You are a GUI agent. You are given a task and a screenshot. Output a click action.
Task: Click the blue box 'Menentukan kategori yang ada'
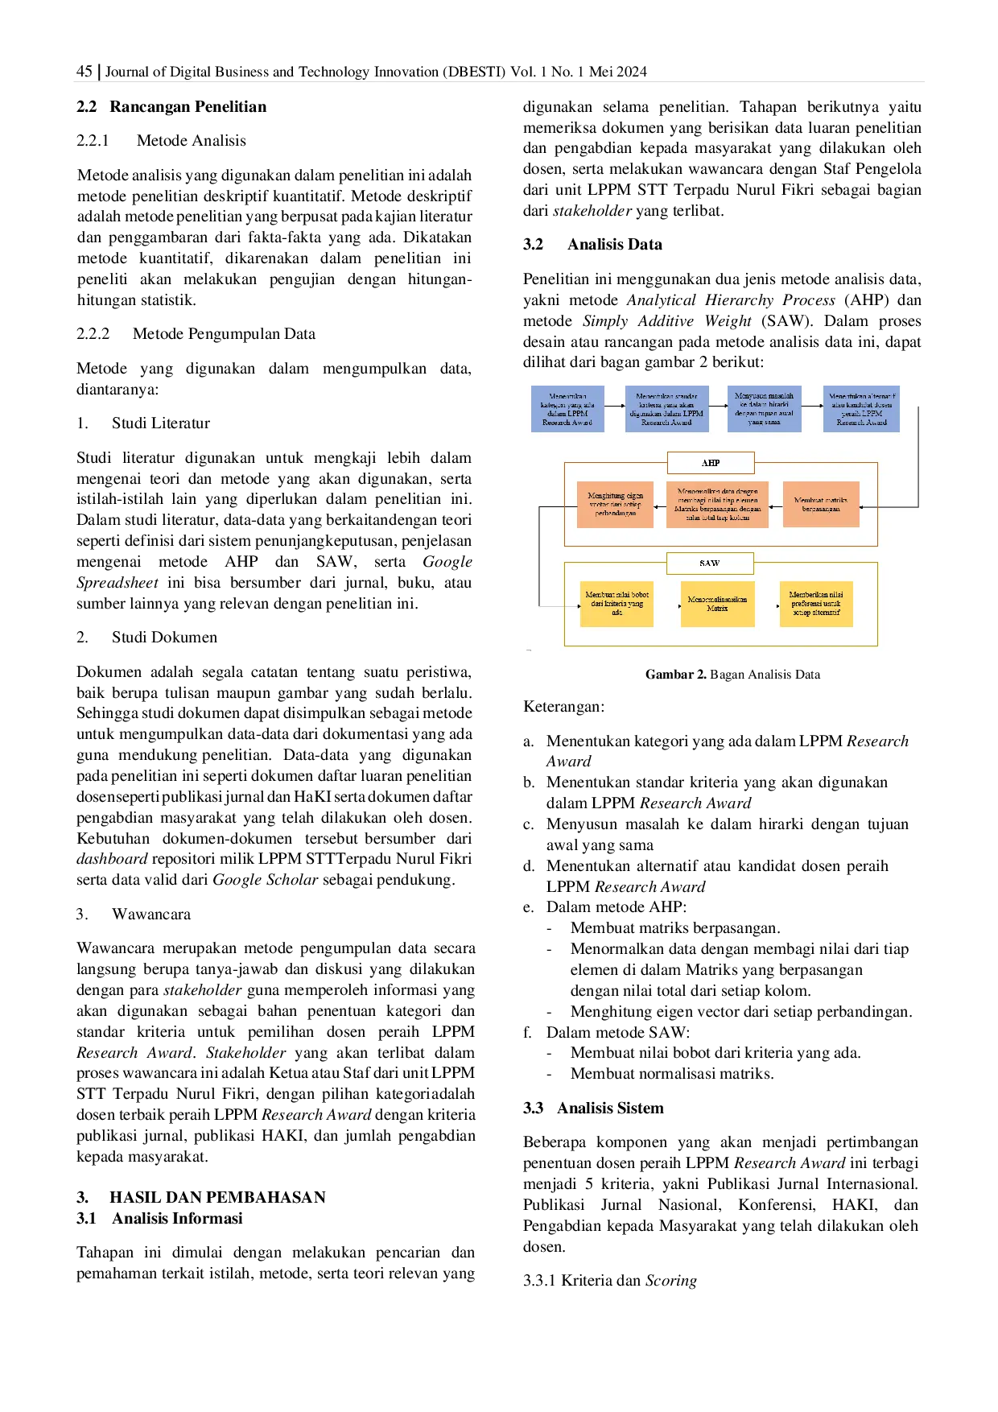[x=567, y=409]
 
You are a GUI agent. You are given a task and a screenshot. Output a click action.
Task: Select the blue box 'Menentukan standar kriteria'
[x=666, y=409]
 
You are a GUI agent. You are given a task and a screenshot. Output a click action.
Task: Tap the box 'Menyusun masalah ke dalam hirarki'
[x=764, y=409]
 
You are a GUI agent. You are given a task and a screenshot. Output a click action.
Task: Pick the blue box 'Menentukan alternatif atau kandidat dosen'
[x=861, y=409]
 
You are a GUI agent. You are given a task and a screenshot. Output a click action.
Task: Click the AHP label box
[x=711, y=463]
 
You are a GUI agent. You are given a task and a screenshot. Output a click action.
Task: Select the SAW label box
[x=710, y=563]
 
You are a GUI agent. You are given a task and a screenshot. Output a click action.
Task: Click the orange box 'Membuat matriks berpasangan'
[x=821, y=505]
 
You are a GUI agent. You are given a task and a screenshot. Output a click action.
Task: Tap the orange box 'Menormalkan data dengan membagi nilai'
[x=717, y=505]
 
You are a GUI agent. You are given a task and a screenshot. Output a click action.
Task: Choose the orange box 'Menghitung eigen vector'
[x=615, y=505]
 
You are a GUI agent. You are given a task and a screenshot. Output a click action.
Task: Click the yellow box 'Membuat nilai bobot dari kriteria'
[x=617, y=604]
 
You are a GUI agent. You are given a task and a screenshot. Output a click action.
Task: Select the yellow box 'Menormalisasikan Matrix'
[x=717, y=604]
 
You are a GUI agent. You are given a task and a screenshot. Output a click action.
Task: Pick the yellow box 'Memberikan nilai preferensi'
[x=815, y=604]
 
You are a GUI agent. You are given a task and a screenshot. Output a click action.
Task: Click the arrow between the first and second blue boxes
[x=615, y=406]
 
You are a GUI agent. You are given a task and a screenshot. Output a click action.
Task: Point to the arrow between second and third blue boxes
[x=718, y=406]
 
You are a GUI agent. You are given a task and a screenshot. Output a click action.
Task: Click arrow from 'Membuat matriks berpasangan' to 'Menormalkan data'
[x=776, y=507]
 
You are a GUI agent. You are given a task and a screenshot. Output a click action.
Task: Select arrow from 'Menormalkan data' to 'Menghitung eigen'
[x=660, y=507]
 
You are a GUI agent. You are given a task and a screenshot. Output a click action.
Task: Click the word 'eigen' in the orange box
[x=633, y=496]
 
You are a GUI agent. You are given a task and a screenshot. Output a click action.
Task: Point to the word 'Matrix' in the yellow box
[x=717, y=609]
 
